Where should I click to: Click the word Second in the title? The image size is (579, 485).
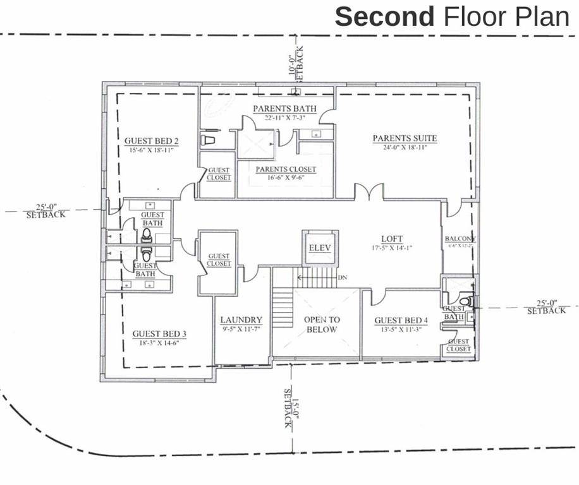(384, 17)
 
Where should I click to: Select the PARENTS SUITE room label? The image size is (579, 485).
(405, 138)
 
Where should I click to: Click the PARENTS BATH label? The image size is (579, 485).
(284, 109)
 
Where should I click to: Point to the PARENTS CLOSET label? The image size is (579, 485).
(286, 169)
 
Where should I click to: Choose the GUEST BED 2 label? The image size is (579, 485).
(151, 141)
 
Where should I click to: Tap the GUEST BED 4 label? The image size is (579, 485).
(401, 321)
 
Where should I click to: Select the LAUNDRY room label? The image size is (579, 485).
(241, 320)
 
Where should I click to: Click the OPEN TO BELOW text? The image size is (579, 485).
(320, 325)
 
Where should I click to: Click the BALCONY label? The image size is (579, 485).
(460, 239)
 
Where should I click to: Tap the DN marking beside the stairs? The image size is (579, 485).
(343, 277)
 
